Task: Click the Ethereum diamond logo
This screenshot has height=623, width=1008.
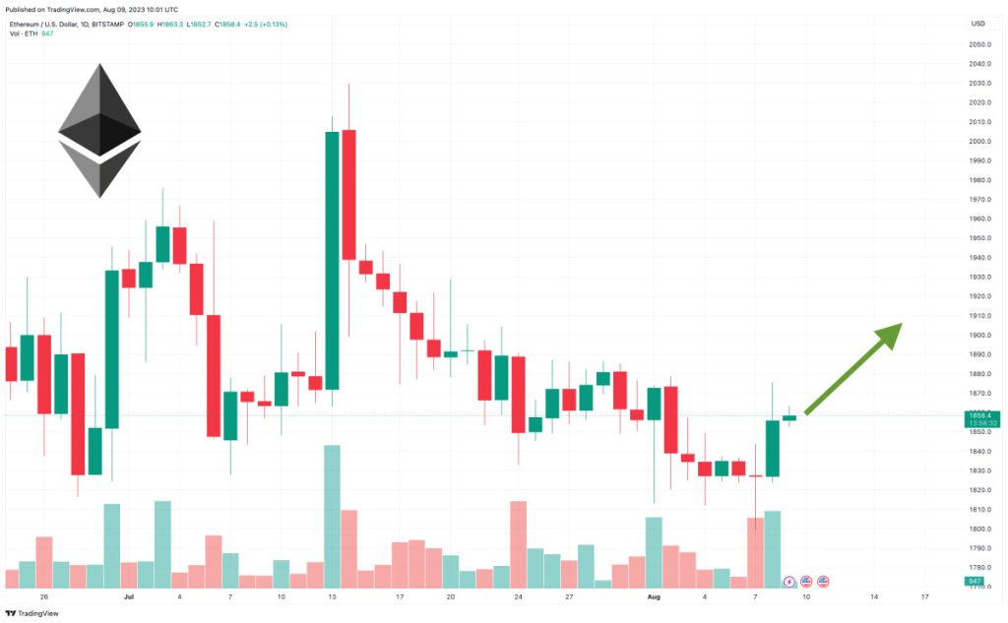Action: pyautogui.click(x=99, y=130)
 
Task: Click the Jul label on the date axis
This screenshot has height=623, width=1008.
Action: pyautogui.click(x=128, y=596)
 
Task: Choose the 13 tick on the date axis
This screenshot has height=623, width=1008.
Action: pyautogui.click(x=333, y=596)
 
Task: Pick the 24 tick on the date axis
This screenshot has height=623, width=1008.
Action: pyautogui.click(x=518, y=596)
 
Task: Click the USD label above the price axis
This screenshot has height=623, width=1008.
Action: pyautogui.click(x=977, y=24)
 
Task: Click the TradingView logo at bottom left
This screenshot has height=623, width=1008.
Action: pyautogui.click(x=31, y=612)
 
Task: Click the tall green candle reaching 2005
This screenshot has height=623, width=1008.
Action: pyautogui.click(x=332, y=260)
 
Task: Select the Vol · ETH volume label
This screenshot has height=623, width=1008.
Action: pyautogui.click(x=24, y=33)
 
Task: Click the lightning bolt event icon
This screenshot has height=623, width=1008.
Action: pyautogui.click(x=788, y=582)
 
